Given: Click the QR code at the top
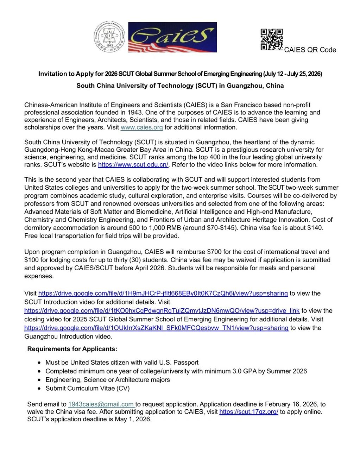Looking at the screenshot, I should [x=271, y=39].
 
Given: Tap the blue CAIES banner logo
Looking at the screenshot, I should [x=172, y=37].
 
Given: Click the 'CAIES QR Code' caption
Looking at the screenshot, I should [x=310, y=50].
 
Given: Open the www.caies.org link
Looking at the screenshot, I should [x=141, y=127].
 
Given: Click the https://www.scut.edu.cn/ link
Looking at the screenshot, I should [x=133, y=165].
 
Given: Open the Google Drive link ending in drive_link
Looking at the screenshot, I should [x=162, y=311].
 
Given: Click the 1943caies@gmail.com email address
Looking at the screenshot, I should [x=101, y=404].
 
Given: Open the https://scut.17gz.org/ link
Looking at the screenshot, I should [x=248, y=412].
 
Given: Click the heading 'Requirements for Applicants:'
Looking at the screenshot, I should [x=72, y=349].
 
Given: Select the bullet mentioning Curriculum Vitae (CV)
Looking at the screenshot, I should [x=87, y=389].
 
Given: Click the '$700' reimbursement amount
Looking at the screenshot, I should [x=214, y=252].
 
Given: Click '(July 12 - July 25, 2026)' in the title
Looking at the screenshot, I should [x=292, y=74].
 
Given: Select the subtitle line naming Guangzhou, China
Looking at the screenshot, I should [x=180, y=86].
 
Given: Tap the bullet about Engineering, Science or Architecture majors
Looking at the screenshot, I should [x=107, y=380].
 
